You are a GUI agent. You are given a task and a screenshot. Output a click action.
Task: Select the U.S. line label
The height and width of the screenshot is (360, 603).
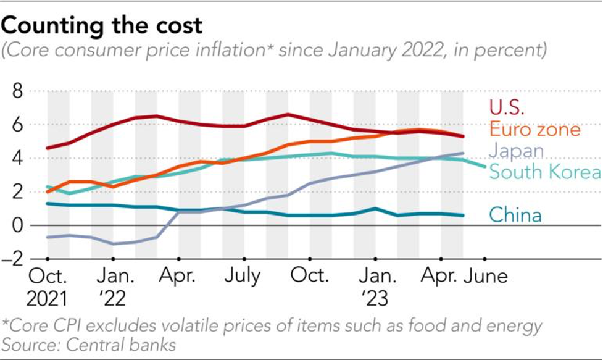507,107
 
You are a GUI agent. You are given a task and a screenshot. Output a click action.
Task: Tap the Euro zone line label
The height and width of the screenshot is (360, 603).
534,130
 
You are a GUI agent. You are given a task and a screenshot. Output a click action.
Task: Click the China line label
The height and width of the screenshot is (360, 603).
515,215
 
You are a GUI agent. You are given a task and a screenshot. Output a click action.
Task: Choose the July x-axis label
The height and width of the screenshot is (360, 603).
242,275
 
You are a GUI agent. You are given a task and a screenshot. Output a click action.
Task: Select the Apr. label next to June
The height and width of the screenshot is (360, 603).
441,275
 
